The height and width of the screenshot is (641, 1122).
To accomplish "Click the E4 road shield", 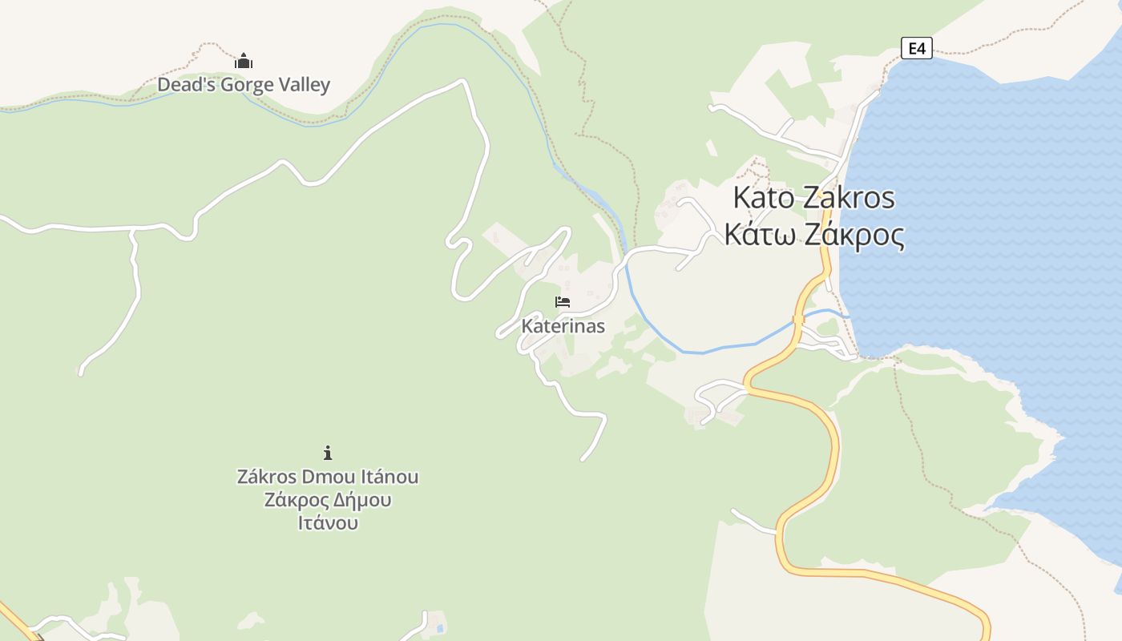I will click(x=917, y=48).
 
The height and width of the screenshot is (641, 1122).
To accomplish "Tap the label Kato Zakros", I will click(x=813, y=197).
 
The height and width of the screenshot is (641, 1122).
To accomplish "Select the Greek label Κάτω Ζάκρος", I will click(x=814, y=236).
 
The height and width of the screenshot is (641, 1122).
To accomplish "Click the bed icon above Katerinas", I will click(x=563, y=302).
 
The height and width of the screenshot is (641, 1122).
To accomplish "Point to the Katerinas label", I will click(x=563, y=326).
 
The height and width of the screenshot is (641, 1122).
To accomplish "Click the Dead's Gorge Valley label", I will click(x=244, y=85).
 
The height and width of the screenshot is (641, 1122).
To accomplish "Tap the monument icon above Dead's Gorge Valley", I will click(x=244, y=61).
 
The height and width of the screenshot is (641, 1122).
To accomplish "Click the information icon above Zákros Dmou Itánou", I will click(x=327, y=453).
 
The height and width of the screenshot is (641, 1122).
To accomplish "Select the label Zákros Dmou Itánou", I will click(x=327, y=477).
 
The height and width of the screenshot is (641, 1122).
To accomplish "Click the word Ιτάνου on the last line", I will click(x=327, y=523).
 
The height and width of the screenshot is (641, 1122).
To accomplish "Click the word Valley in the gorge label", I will click(x=303, y=85).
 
